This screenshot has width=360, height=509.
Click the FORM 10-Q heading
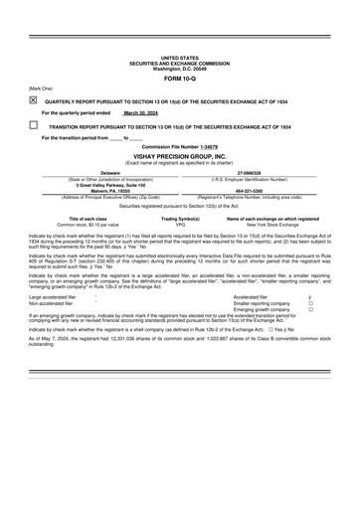click(x=179, y=78)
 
